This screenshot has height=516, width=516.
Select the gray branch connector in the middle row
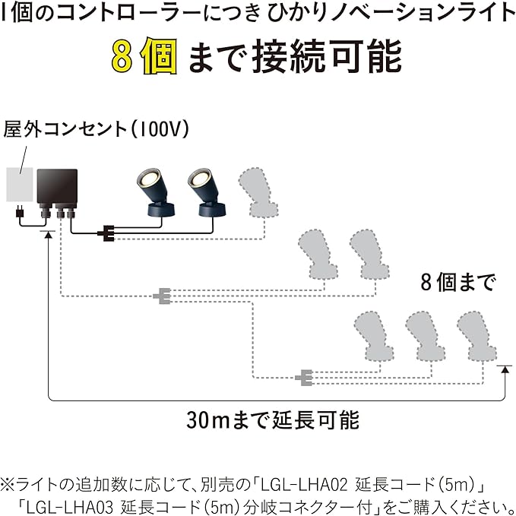pyautogui.click(x=163, y=294)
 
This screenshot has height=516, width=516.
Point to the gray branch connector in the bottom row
pyautogui.click(x=303, y=375)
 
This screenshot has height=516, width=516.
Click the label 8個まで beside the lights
pyautogui.click(x=457, y=283)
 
